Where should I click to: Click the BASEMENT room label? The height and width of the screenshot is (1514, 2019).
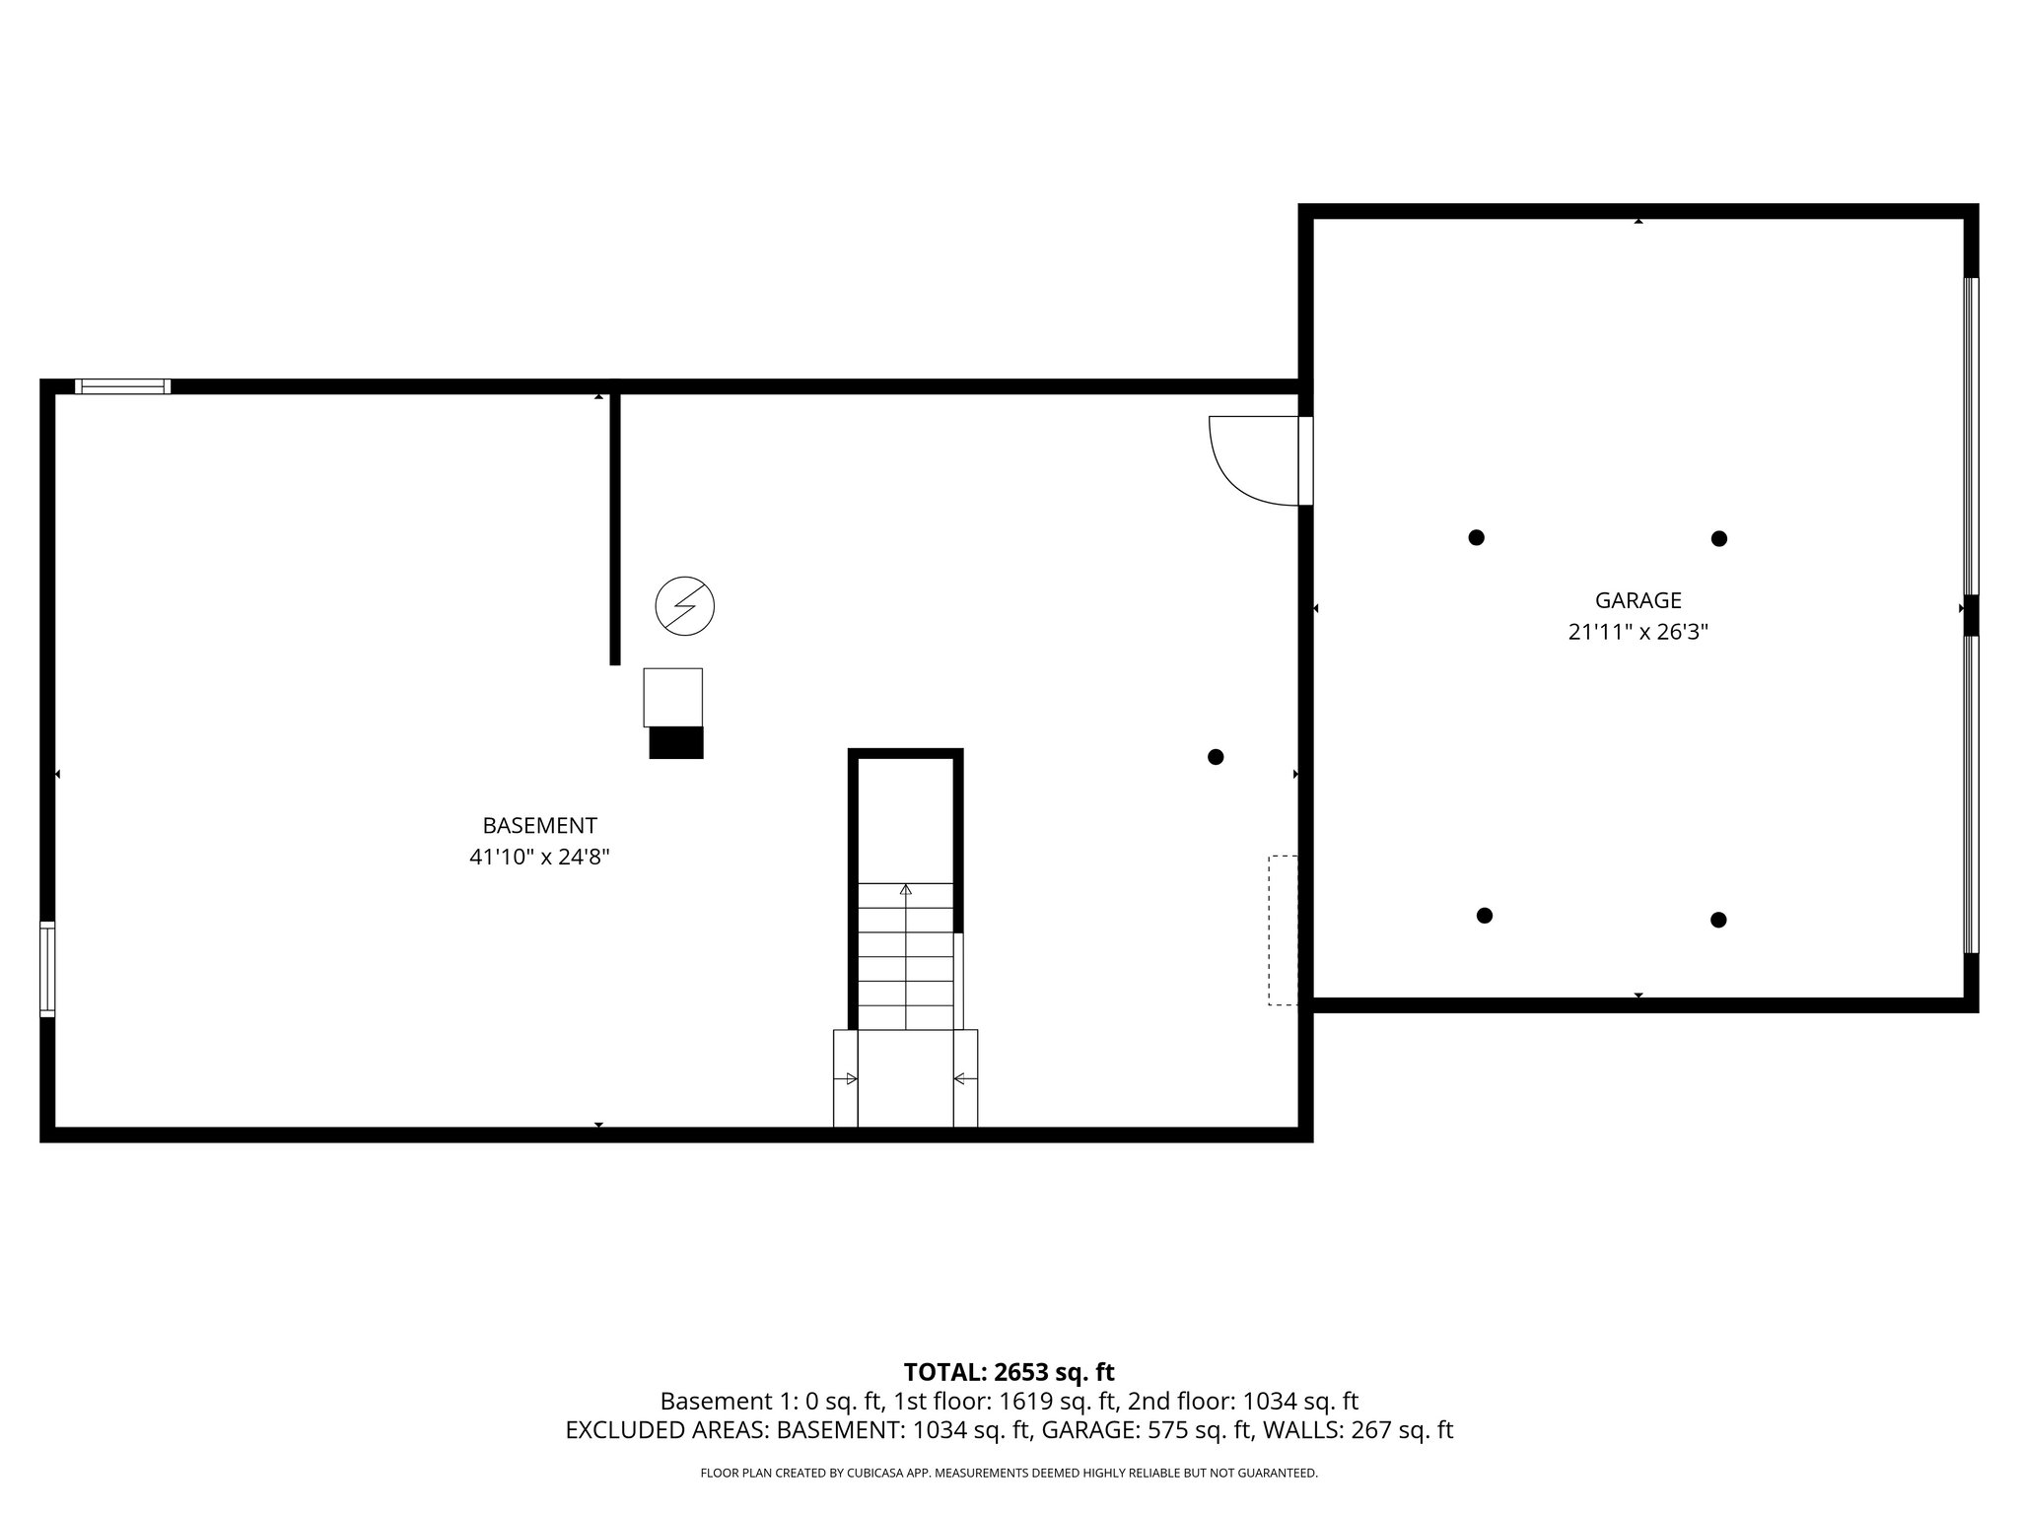coord(539,826)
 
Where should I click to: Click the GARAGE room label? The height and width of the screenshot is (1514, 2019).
coord(1637,600)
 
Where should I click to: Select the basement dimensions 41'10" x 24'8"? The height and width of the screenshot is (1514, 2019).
coord(539,858)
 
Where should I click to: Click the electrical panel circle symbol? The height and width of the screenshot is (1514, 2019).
coord(685,606)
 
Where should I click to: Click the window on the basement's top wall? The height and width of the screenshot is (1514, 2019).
coord(122,386)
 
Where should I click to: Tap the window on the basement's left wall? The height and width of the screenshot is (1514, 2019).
coord(47,969)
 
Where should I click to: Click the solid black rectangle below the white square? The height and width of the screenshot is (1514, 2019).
coord(676,742)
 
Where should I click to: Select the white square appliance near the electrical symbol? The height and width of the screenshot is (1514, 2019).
coord(673,697)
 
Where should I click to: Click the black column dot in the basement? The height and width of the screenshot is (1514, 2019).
coord(1216,757)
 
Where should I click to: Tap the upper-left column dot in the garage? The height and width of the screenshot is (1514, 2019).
coord(1476,537)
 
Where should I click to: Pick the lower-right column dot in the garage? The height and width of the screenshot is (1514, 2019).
coord(1718,920)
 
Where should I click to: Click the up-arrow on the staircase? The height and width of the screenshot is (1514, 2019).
coord(905,890)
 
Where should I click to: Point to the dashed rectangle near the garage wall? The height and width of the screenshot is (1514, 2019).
coord(1283,930)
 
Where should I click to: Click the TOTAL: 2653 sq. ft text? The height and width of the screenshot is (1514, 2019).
coord(1009,1372)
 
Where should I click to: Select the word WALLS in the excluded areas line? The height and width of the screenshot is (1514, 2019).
coord(1294,1431)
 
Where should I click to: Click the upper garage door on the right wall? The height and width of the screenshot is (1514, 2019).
coord(1971,435)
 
